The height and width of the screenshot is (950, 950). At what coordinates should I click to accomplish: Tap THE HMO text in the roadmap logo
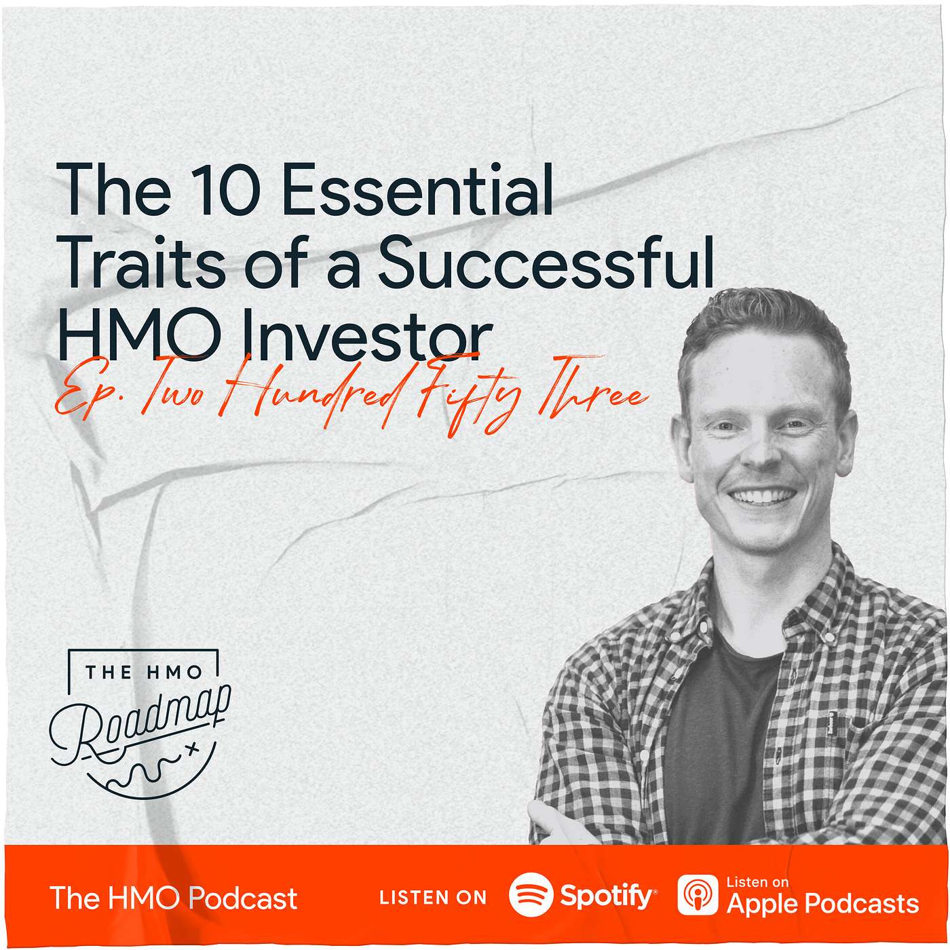click(x=143, y=672)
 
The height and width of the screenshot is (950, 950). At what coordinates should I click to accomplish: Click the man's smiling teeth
click(x=763, y=497)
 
